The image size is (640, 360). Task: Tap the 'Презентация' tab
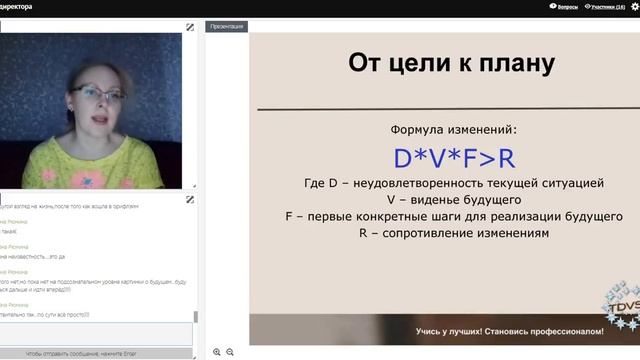226,26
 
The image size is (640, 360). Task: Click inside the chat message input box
95,334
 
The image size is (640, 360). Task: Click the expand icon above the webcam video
190,26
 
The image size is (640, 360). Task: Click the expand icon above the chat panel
190,199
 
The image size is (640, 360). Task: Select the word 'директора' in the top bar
17,7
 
